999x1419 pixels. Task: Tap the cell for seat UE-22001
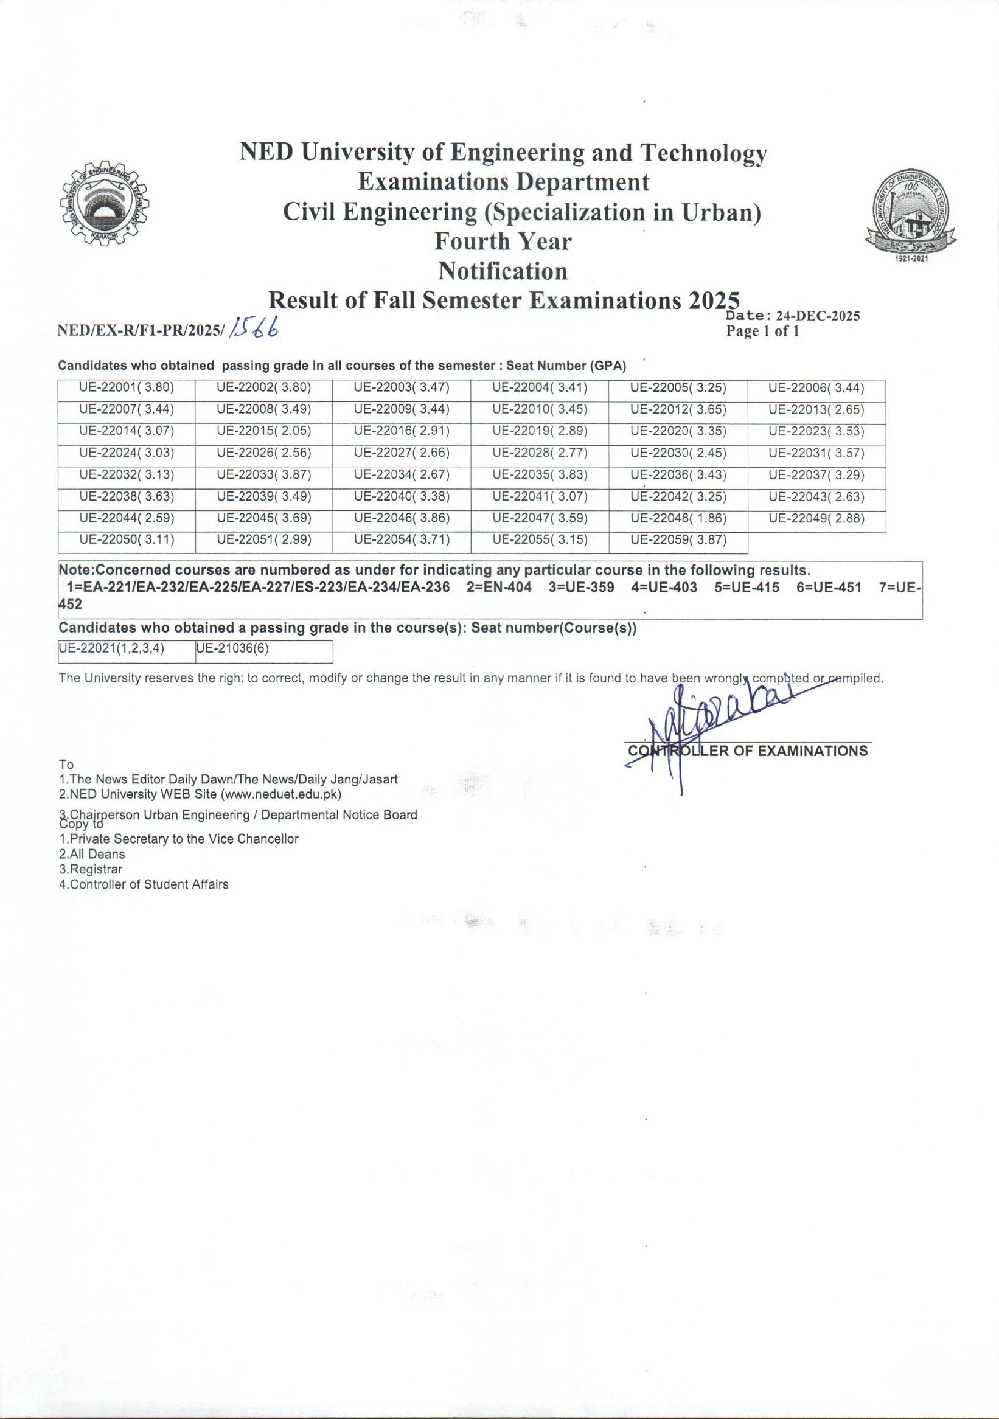[x=127, y=388]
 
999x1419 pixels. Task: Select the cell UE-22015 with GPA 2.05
[x=264, y=431]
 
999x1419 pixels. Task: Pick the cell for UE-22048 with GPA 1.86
[x=678, y=519]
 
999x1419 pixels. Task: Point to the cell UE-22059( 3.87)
[x=678, y=540]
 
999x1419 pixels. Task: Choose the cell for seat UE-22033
[x=264, y=475]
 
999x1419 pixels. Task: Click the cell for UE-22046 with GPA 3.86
[x=402, y=519]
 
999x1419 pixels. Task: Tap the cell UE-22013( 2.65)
[x=816, y=410]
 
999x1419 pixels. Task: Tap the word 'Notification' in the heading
[x=502, y=271]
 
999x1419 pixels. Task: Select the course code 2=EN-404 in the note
[x=499, y=587]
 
